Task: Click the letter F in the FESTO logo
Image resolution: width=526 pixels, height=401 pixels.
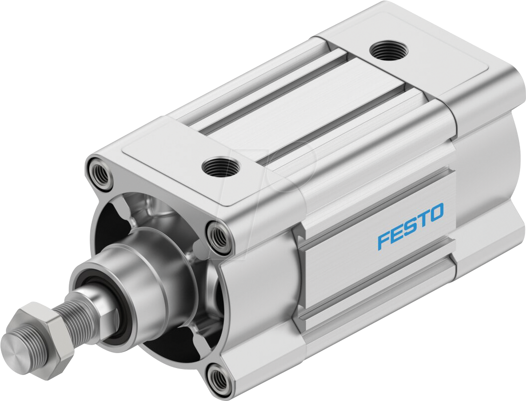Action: coord(384,240)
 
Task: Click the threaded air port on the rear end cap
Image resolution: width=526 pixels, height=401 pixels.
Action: coord(389,51)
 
